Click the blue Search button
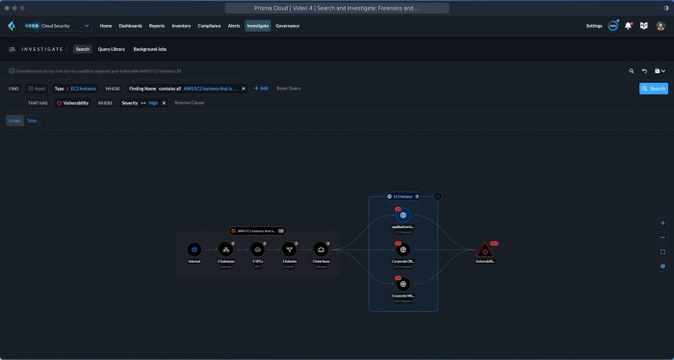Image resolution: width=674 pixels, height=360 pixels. [x=654, y=88]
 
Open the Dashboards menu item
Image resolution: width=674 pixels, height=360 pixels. [x=130, y=26]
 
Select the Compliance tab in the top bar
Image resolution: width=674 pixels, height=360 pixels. [x=210, y=26]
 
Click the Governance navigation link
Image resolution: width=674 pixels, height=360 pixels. [x=287, y=26]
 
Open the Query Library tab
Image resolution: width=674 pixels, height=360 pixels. [x=112, y=48]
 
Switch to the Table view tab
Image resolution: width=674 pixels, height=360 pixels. [x=32, y=120]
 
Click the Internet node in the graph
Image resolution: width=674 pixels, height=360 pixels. [x=194, y=249]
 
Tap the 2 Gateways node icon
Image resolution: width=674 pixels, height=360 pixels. [x=225, y=249]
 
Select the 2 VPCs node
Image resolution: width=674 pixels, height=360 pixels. [x=257, y=249]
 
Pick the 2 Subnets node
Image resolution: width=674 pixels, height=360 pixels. [x=289, y=249]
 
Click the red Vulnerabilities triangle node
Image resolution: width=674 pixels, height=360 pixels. [x=485, y=250]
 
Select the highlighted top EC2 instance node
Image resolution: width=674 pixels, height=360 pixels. [x=403, y=216]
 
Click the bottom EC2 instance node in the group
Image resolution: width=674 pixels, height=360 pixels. [x=403, y=284]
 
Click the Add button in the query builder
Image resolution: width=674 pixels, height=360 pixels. [x=261, y=88]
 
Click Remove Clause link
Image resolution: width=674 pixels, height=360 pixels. [x=190, y=102]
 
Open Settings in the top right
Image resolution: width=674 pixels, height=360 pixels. [x=594, y=26]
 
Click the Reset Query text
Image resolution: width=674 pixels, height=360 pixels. [x=289, y=88]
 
